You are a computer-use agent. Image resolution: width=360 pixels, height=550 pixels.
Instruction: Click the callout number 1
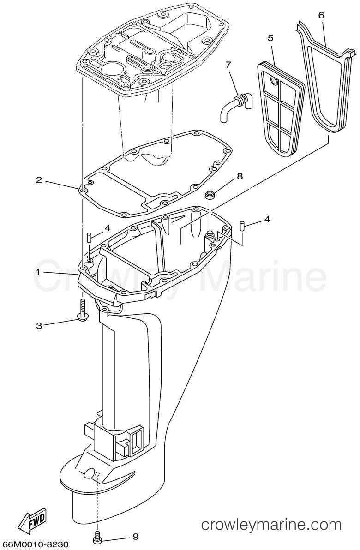[x=39, y=271]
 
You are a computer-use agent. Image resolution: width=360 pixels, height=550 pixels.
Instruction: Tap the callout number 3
[x=39, y=325]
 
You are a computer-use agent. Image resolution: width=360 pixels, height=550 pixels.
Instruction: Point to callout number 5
[x=270, y=37]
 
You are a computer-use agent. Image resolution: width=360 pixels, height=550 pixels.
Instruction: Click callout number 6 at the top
[x=321, y=15]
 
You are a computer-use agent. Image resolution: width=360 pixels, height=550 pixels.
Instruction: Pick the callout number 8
[x=240, y=176]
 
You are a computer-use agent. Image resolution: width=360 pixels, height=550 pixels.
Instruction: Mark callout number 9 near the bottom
[x=135, y=536]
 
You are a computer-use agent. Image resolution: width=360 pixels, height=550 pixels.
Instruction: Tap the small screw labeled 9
[x=98, y=535]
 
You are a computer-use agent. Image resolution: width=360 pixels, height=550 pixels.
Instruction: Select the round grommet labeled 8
[x=210, y=195]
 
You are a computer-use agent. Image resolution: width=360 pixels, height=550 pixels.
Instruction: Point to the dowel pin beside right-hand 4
[x=242, y=226]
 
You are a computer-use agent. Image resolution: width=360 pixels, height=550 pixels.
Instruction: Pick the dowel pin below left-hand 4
[x=89, y=238]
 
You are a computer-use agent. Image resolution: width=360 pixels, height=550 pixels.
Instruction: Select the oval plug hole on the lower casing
[x=89, y=473]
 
